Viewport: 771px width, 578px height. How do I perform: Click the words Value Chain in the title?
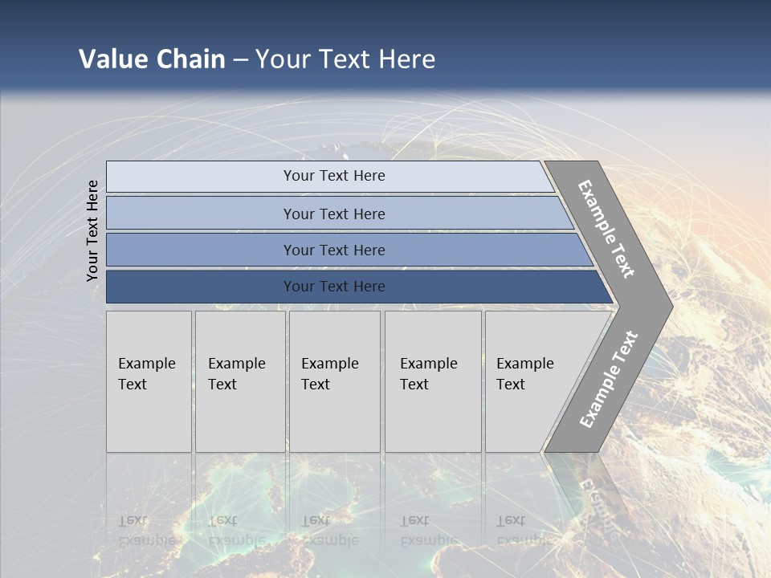(x=152, y=59)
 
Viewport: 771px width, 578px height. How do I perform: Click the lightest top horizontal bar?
(x=201, y=177)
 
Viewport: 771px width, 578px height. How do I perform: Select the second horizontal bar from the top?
(x=201, y=214)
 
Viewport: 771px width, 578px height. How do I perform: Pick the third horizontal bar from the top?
(x=201, y=250)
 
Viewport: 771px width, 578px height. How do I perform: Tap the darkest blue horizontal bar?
(x=201, y=287)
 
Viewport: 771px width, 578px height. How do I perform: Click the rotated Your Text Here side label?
(x=92, y=230)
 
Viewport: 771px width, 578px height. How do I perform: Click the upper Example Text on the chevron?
(x=606, y=229)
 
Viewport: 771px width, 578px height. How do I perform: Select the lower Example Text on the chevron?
(x=609, y=379)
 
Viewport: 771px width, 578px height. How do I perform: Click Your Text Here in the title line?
(x=345, y=59)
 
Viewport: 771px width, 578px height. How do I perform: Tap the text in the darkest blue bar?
(x=334, y=287)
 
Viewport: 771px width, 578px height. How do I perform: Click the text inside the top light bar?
(x=334, y=176)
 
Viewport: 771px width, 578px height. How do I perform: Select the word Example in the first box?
(x=146, y=364)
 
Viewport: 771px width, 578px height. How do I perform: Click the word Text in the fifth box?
(x=511, y=385)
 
